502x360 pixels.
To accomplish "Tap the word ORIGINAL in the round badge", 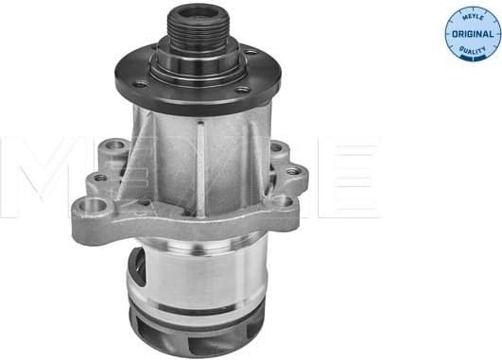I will point(473,34).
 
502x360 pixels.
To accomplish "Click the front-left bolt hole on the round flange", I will point(140,84).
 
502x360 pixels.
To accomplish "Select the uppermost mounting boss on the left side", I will point(117,147).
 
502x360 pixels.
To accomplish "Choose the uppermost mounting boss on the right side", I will point(277,148).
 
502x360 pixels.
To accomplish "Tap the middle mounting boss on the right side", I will point(294,172).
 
